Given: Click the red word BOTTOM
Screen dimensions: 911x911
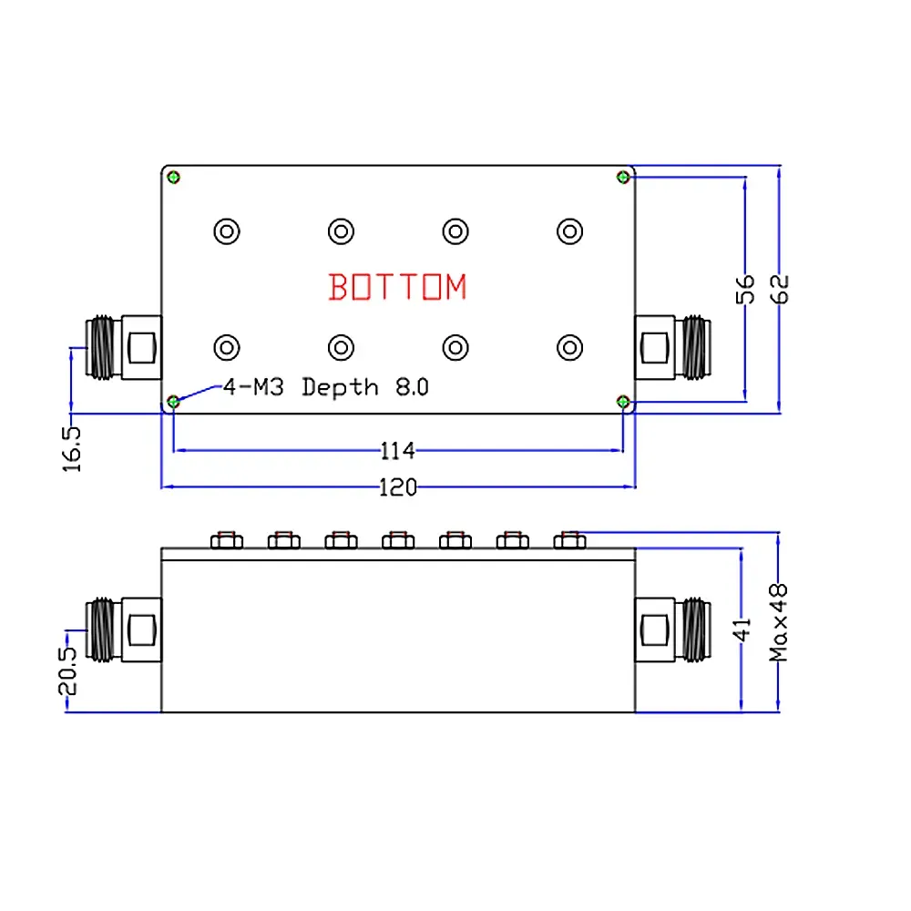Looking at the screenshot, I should [397, 288].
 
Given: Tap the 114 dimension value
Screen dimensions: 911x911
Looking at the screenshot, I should [397, 450].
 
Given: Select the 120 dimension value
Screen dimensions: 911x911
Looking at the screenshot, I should [397, 488].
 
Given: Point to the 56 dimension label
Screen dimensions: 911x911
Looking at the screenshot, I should [745, 290].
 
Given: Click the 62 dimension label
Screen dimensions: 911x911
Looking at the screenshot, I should [780, 290].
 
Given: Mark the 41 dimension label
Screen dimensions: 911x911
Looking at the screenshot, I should [743, 630].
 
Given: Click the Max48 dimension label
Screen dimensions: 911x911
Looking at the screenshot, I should [779, 623].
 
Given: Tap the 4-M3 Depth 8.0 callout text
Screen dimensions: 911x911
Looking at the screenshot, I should [325, 387].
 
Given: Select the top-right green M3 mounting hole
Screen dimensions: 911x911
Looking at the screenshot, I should [623, 176].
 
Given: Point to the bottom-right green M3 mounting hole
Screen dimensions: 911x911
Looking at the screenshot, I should [623, 401].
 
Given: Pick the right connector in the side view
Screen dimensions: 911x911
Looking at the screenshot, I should [673, 629].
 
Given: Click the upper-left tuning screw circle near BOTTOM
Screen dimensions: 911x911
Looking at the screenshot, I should [227, 231].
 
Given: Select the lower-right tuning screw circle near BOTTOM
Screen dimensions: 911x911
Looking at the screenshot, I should [569, 346].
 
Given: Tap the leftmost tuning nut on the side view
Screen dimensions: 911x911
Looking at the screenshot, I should [227, 541].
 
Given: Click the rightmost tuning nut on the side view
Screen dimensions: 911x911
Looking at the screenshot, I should [570, 540].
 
